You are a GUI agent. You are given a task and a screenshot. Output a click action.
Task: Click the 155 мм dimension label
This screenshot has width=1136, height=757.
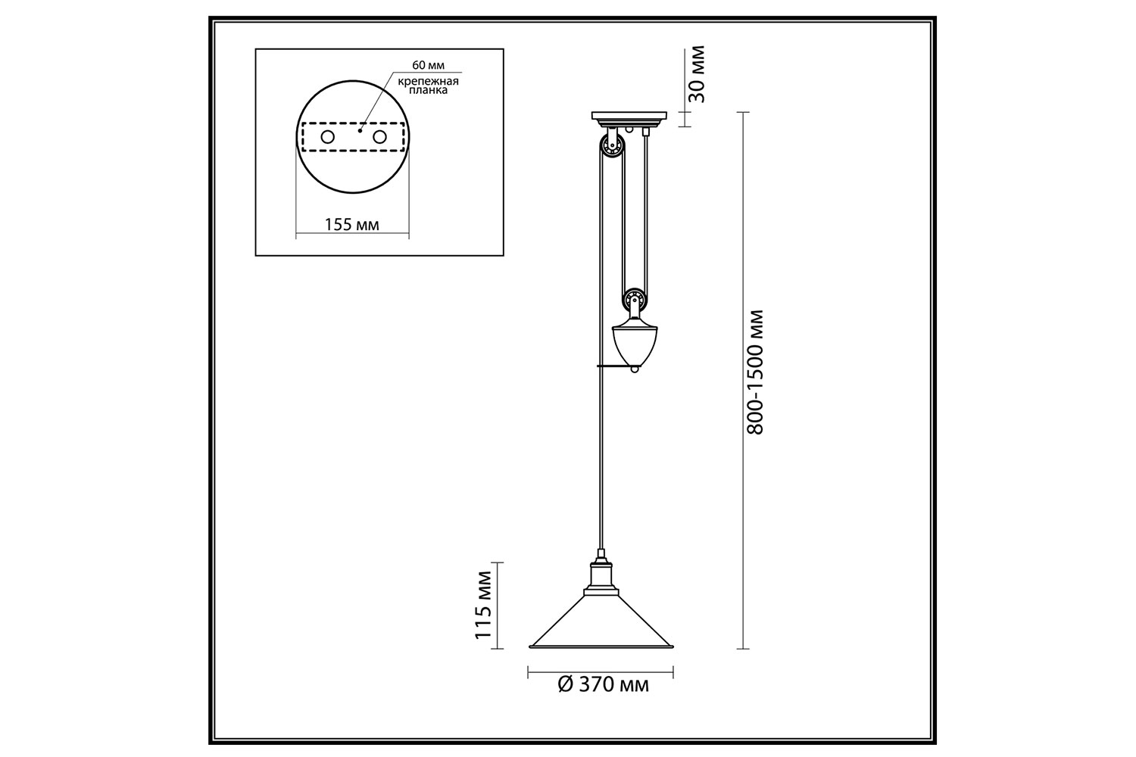coord(351,224)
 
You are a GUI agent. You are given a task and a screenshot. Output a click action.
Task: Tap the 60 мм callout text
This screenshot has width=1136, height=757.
coord(428,65)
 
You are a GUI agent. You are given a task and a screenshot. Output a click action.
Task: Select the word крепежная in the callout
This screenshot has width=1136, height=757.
coord(428,82)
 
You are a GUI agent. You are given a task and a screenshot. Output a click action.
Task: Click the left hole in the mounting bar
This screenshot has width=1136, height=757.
coord(327,137)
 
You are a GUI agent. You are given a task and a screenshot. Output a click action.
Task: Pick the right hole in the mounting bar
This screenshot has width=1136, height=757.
coord(379,137)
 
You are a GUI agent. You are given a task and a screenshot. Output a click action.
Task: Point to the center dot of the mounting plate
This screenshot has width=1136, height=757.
coord(360,131)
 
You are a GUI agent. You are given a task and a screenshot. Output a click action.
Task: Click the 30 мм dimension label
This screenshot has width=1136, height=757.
coord(698,74)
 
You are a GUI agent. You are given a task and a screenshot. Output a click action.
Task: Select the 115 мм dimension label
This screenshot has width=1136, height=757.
coord(484,605)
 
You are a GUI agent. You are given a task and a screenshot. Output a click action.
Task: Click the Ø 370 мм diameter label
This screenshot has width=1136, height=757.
coord(603,685)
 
